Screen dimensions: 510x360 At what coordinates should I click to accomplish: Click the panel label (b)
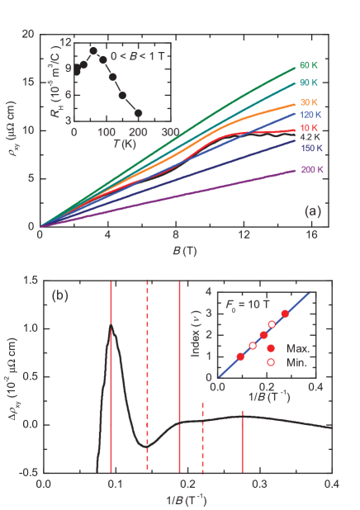61,294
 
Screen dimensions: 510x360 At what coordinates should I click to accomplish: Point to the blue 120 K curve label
310,117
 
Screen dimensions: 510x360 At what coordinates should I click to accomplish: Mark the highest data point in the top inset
93,51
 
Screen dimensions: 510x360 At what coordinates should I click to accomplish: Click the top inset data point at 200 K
138,113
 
